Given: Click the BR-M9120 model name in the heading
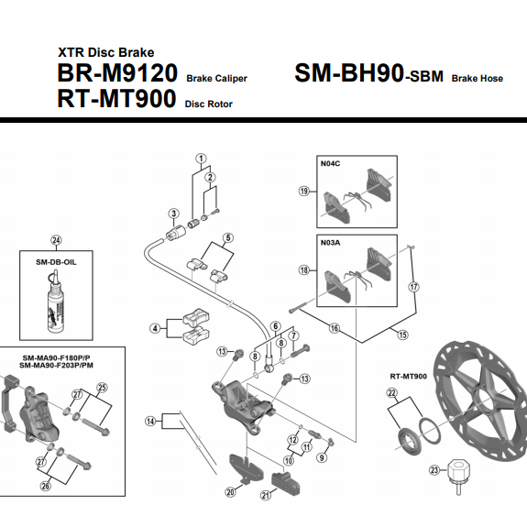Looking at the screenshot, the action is tap(117, 73).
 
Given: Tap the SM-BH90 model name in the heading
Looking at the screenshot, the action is tap(349, 73).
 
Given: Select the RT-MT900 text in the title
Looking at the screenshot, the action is tap(116, 98).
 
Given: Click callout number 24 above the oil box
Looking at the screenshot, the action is tap(56, 240).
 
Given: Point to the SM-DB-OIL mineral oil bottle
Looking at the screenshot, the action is tap(56, 302).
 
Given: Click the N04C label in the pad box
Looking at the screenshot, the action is tap(330, 164).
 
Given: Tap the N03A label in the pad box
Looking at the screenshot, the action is tap(330, 243).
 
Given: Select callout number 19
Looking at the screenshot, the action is tap(304, 192).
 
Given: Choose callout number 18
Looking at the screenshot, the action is tap(304, 269).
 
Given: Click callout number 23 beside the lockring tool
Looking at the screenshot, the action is tap(434, 470).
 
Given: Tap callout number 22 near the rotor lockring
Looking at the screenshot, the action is tap(392, 392).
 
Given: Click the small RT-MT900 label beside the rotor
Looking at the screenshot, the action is tap(409, 377).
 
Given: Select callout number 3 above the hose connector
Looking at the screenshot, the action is tap(173, 213).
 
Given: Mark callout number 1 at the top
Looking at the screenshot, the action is tap(201, 159).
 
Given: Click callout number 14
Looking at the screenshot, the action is tap(150, 421).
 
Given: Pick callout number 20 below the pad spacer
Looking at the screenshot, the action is tap(230, 492).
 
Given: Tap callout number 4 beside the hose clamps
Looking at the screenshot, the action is tap(155, 328).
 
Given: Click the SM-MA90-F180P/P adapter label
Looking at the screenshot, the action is tap(57, 358).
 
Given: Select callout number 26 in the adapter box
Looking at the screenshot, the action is tap(46, 486).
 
